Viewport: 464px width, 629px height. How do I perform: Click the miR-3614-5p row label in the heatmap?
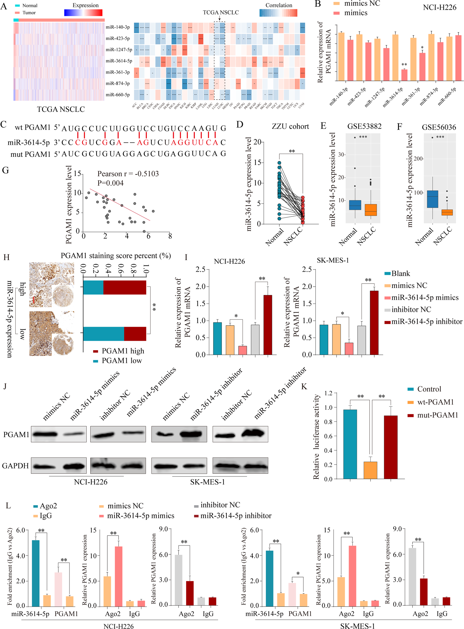click(119, 61)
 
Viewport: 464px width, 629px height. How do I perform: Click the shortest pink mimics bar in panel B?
click(404, 75)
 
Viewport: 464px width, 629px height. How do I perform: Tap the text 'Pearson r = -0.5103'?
click(128, 174)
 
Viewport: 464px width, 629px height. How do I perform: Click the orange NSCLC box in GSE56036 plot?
click(447, 212)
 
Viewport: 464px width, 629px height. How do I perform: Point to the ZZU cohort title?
click(290, 127)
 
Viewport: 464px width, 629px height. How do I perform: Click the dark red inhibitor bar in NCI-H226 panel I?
click(268, 325)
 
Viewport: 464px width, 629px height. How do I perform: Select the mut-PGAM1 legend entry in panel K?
click(437, 415)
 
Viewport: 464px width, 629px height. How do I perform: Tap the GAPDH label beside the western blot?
click(15, 466)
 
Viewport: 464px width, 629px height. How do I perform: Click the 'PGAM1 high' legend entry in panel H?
click(123, 351)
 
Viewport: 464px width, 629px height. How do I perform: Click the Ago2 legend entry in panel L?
click(48, 506)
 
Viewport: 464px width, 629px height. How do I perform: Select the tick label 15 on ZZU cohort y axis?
click(257, 163)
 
